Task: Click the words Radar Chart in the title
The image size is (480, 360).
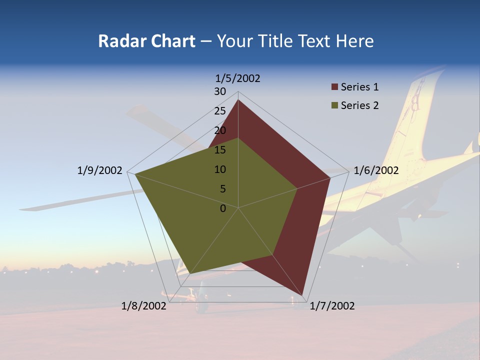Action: [x=146, y=41]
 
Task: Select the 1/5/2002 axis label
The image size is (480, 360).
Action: [x=238, y=78]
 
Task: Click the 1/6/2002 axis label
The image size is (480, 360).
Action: [x=376, y=170]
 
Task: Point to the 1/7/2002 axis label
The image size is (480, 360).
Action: [x=332, y=306]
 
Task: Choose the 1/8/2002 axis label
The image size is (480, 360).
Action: [x=144, y=306]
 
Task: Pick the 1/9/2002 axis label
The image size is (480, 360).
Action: [x=99, y=170]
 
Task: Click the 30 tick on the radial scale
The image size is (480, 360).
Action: [x=220, y=91]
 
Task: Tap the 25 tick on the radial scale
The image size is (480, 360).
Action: [x=220, y=111]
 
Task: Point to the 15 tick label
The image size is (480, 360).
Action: [x=220, y=150]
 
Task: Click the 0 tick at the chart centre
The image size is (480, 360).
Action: [x=223, y=208]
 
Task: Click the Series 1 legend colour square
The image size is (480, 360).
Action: [x=334, y=87]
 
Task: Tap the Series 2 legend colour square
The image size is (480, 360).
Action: [x=334, y=105]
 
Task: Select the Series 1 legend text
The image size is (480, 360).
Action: [x=359, y=87]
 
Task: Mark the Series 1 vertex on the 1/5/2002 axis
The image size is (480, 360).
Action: [x=238, y=99]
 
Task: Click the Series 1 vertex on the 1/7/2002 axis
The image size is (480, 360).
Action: [x=303, y=295]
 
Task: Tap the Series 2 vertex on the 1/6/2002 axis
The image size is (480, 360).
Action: [x=297, y=188]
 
